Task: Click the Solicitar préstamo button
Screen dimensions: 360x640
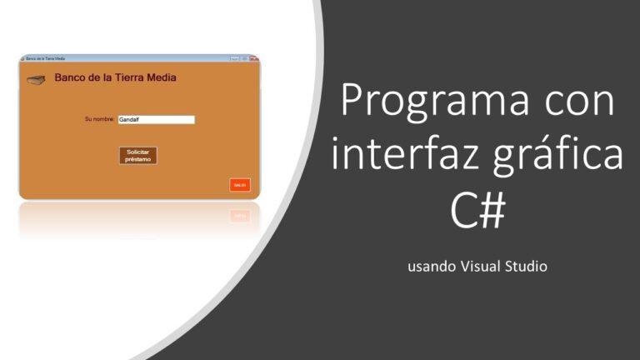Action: click(137, 155)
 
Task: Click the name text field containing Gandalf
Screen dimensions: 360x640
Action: click(156, 120)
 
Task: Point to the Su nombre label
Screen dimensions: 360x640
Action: click(99, 120)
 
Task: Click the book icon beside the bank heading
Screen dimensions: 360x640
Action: click(35, 79)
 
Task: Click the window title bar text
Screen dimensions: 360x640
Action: click(46, 58)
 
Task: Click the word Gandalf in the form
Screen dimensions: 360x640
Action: click(128, 120)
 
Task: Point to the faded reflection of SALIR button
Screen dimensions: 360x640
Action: click(240, 216)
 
